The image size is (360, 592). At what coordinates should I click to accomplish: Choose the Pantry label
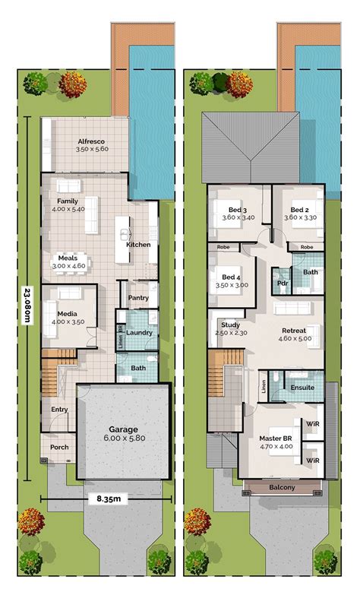[x=137, y=298]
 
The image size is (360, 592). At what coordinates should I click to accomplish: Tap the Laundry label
[x=140, y=332]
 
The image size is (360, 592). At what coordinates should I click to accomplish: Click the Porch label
[x=59, y=447]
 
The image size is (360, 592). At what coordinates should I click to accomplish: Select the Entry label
[x=59, y=410]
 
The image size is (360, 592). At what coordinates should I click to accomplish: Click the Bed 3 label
[x=237, y=210]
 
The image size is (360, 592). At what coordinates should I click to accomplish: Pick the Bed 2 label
[x=299, y=210]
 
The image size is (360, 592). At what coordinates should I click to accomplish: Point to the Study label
[x=231, y=324]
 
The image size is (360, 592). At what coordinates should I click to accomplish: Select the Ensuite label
[x=302, y=387]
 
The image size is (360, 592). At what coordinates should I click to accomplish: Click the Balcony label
[x=282, y=487]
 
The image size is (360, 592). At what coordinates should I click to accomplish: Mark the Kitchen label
[x=138, y=245]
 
